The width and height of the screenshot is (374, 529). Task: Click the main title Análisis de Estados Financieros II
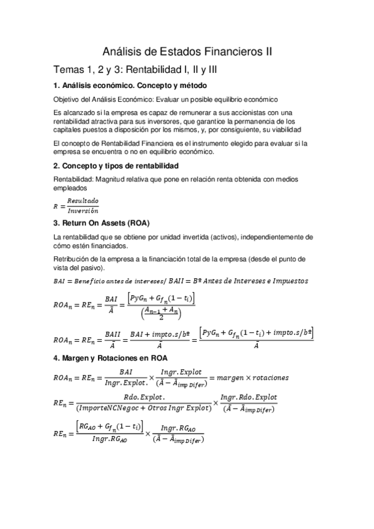(187, 52)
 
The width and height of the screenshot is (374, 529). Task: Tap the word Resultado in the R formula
(82, 201)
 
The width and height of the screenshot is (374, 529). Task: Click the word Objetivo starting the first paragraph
(68, 99)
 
